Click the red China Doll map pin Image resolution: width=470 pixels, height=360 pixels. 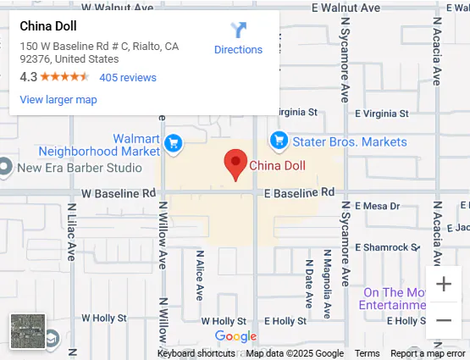click(235, 163)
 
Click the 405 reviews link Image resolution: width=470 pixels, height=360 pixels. click(128, 77)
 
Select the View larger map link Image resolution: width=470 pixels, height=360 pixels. click(58, 99)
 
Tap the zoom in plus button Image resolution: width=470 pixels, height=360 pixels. click(444, 285)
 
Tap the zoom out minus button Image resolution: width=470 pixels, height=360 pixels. click(444, 320)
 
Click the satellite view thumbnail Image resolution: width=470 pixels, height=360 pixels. click(27, 331)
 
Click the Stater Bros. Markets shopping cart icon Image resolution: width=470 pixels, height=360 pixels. click(278, 141)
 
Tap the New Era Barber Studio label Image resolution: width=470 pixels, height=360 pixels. click(80, 167)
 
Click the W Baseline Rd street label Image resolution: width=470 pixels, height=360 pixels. click(119, 194)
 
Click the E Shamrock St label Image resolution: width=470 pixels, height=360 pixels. click(386, 246)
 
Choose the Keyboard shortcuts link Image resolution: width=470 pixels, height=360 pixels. click(196, 353)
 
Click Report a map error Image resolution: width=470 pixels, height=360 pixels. click(428, 353)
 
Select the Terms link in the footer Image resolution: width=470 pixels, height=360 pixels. click(367, 353)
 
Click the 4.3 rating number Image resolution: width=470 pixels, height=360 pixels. click(28, 77)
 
